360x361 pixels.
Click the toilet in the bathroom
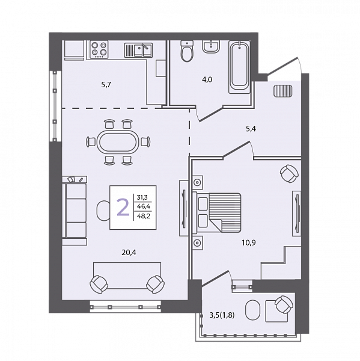pyautogui.click(x=187, y=51)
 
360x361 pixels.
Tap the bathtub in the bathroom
pyautogui.click(x=239, y=67)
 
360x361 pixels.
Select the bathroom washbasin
pyautogui.click(x=211, y=47)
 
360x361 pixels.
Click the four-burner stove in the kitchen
pyautogui.click(x=99, y=49)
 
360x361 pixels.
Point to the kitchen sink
pyautogui.click(x=138, y=50)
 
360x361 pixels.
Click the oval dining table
pyautogui.click(x=118, y=142)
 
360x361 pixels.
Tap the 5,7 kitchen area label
pyautogui.click(x=106, y=85)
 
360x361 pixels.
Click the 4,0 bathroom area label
pyautogui.click(x=207, y=79)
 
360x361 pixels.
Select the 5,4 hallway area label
pyautogui.click(x=251, y=129)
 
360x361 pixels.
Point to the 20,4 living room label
pyautogui.click(x=129, y=253)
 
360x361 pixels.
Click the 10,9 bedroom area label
pyautogui.click(x=249, y=242)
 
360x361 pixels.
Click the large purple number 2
pyautogui.click(x=123, y=207)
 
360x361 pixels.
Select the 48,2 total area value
pyautogui.click(x=144, y=216)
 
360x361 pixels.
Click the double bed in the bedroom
pyautogui.click(x=218, y=212)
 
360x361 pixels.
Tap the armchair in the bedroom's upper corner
pyautogui.click(x=289, y=174)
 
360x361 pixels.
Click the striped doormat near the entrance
pyautogui.click(x=283, y=91)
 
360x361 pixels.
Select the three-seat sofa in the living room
pyautogui.click(x=75, y=211)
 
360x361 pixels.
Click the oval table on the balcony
pyautogui.click(x=253, y=310)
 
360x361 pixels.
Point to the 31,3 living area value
pyautogui.click(x=142, y=197)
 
